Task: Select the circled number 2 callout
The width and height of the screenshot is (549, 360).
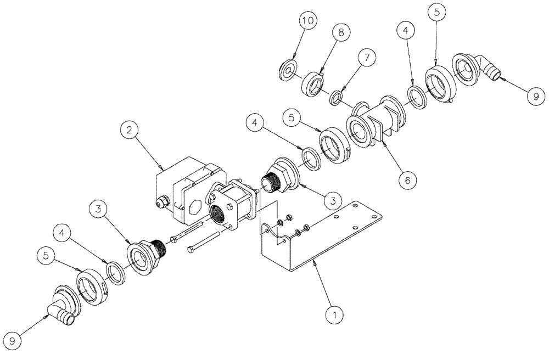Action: (128, 131)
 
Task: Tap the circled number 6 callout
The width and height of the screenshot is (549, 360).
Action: (407, 179)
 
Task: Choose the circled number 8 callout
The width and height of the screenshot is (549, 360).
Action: (341, 33)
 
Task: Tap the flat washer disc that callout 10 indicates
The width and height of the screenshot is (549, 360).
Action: (288, 71)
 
